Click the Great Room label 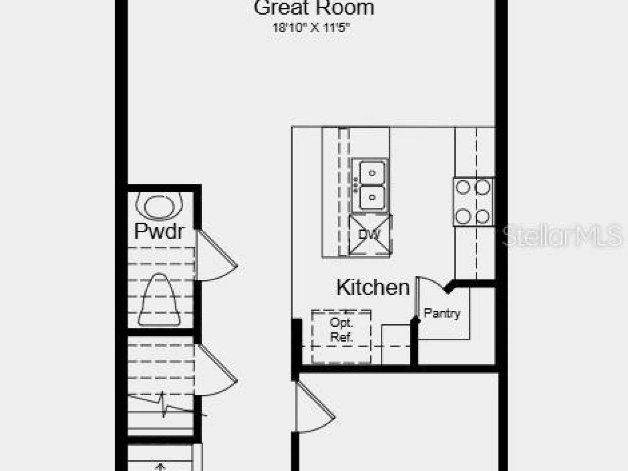[x=314, y=8]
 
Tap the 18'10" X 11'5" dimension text [x=312, y=28]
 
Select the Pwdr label [x=159, y=231]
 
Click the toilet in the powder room [x=159, y=300]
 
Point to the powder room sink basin [x=159, y=206]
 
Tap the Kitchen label [x=373, y=287]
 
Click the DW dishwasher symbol [x=370, y=234]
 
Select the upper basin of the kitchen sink [x=372, y=172]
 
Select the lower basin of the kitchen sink [x=372, y=197]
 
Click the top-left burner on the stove [x=463, y=187]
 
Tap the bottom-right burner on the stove [x=482, y=217]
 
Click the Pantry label [x=442, y=313]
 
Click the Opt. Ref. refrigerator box [x=341, y=337]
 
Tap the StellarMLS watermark [x=562, y=236]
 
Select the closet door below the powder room [x=217, y=371]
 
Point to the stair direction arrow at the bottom [x=160, y=467]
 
